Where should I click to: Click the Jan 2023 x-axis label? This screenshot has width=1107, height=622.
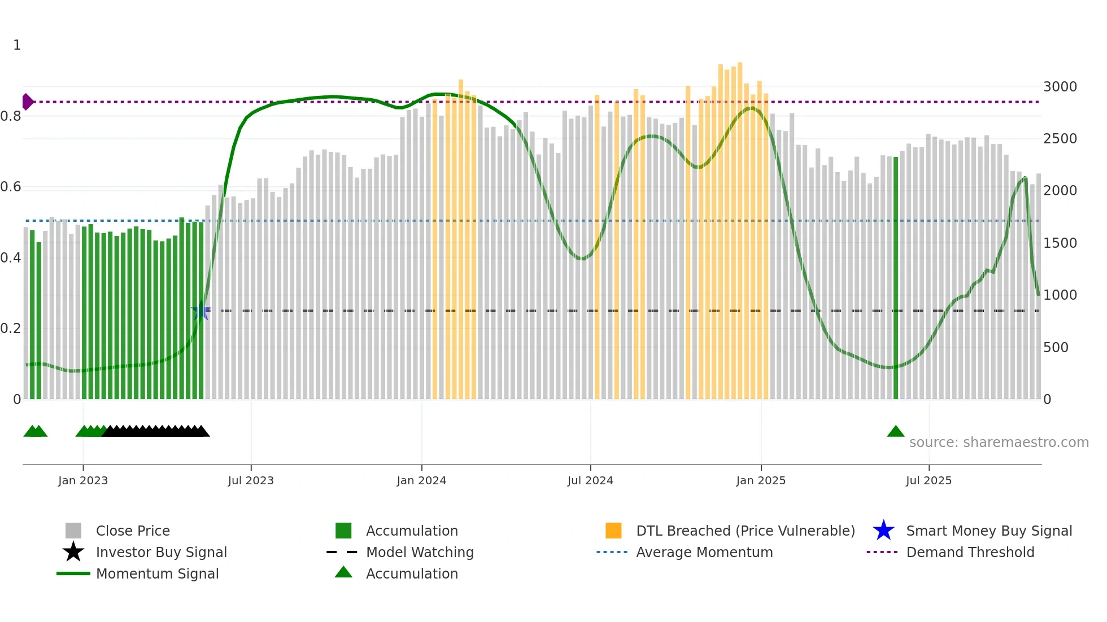tap(83, 480)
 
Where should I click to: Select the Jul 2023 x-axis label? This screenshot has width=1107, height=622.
tap(251, 480)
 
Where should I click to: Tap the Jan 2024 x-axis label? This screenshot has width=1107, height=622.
tap(421, 480)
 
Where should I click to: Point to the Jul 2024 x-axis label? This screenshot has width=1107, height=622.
tap(590, 480)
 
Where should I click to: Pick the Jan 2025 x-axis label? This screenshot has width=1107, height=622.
tap(761, 480)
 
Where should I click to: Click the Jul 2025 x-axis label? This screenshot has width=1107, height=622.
tap(929, 480)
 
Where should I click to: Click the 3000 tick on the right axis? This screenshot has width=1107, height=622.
tap(1060, 87)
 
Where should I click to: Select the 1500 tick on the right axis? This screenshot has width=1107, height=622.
tap(1060, 243)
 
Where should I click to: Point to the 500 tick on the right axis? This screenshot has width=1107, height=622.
tap(1056, 348)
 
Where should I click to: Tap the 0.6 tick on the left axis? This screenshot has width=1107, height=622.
tap(11, 187)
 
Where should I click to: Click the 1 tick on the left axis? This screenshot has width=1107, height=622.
tap(17, 45)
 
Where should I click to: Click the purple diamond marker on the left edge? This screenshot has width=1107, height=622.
tap(27, 102)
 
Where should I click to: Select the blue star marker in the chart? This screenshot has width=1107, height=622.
tap(201, 311)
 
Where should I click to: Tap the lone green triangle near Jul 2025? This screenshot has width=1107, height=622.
tap(896, 432)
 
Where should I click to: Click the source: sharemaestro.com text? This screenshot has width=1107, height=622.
tap(999, 443)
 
